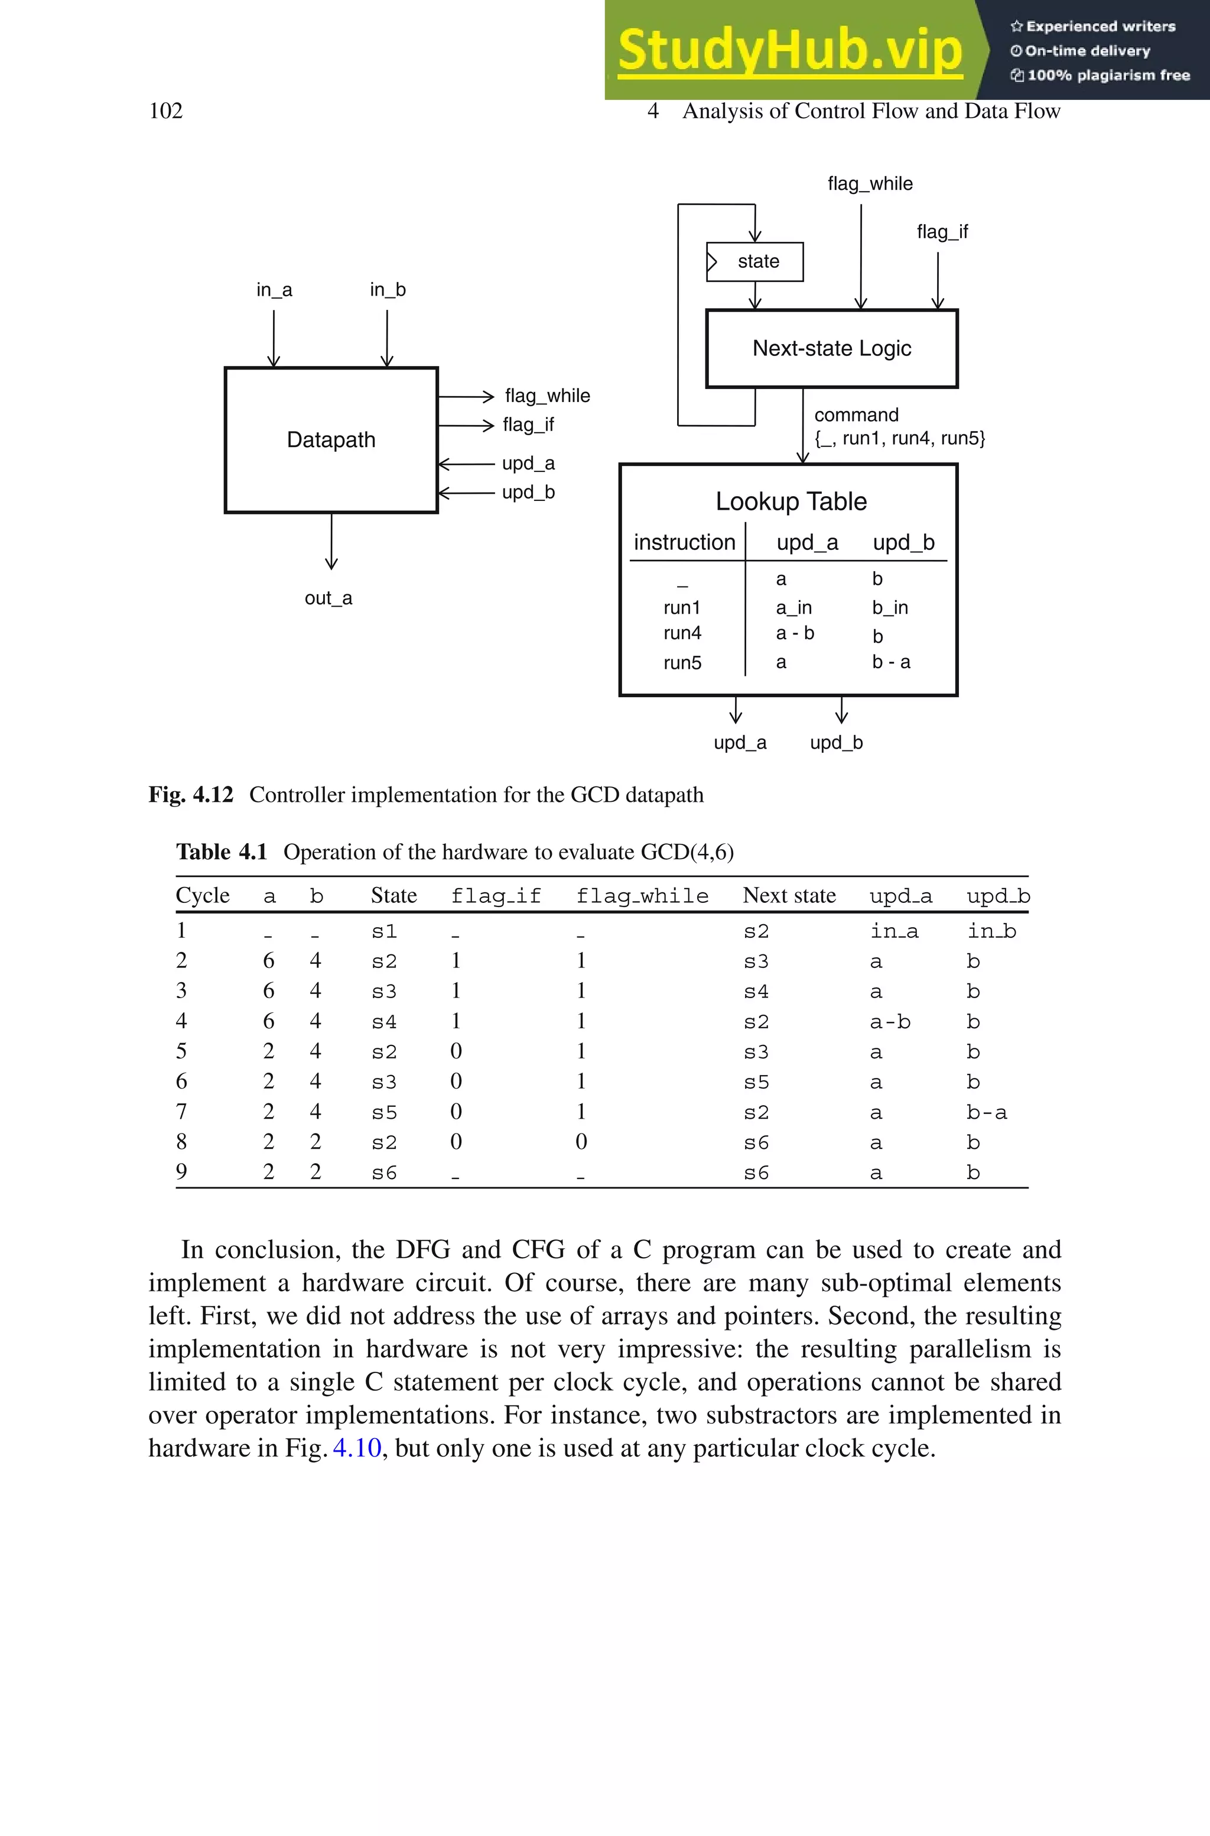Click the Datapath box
pyautogui.click(x=331, y=440)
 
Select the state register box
pyautogui.click(x=756, y=262)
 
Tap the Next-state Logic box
pyautogui.click(x=831, y=349)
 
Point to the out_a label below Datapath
pyautogui.click(x=328, y=598)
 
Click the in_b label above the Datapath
pyautogui.click(x=388, y=290)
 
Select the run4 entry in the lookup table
pyautogui.click(x=682, y=633)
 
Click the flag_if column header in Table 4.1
pyautogui.click(x=496, y=896)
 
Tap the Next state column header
pyautogui.click(x=789, y=896)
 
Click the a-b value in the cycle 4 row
pyautogui.click(x=890, y=1022)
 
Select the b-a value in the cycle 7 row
pyautogui.click(x=986, y=1113)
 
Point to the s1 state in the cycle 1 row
pyautogui.click(x=383, y=932)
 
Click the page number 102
pyautogui.click(x=165, y=111)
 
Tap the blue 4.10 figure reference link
pyautogui.click(x=356, y=1448)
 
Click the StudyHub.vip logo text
pyautogui.click(x=789, y=51)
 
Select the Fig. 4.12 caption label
pyautogui.click(x=191, y=795)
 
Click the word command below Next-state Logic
pyautogui.click(x=856, y=415)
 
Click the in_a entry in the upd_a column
pyautogui.click(x=893, y=932)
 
